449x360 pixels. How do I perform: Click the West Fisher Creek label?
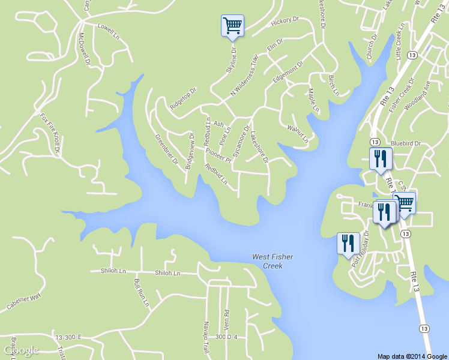coord(273,261)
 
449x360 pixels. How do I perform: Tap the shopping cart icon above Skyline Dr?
coord(232,26)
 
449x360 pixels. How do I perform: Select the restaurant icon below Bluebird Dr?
coord(380,159)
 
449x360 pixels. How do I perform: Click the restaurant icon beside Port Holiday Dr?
coord(348,244)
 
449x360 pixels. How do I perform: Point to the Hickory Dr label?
coord(285,20)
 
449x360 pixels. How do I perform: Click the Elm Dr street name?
coord(274,44)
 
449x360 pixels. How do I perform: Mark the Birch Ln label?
coord(333,86)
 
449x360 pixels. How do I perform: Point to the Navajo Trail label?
coord(205,337)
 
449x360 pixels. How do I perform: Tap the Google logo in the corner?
coord(21,350)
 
